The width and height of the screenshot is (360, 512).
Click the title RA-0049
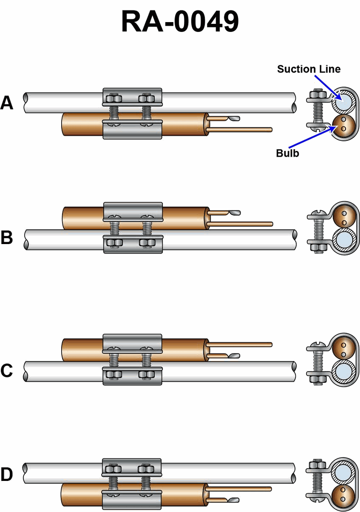180,22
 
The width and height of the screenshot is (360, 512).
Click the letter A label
7,103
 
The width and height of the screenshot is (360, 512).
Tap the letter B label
7,237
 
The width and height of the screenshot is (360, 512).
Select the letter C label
7,370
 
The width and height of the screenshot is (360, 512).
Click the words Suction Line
309,69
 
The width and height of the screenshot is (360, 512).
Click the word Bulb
288,153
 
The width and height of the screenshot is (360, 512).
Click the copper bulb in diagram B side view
81,217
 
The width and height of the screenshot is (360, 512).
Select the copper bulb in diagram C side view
81,350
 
